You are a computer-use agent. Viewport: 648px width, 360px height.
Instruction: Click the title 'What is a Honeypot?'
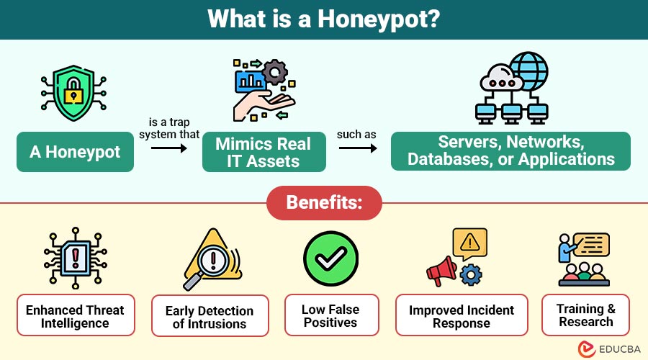point(323,19)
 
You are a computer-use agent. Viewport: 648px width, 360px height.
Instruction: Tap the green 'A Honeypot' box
point(75,152)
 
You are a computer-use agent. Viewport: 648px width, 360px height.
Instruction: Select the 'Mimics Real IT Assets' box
point(264,152)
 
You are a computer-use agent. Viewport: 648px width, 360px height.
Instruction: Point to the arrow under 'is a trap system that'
point(169,148)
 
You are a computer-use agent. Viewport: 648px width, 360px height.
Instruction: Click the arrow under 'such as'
point(358,148)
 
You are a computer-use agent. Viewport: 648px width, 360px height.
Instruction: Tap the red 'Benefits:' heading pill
point(324,202)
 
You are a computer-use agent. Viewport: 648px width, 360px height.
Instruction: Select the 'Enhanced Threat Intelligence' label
point(75,316)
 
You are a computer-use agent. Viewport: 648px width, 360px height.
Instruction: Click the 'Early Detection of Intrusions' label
point(210,318)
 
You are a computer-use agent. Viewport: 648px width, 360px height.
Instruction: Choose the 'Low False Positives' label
point(330,316)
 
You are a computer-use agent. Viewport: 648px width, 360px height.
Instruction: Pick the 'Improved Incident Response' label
point(462,316)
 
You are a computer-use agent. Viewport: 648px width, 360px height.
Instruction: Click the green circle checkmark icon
point(330,259)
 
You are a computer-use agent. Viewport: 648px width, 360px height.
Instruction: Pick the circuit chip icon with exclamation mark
point(75,258)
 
